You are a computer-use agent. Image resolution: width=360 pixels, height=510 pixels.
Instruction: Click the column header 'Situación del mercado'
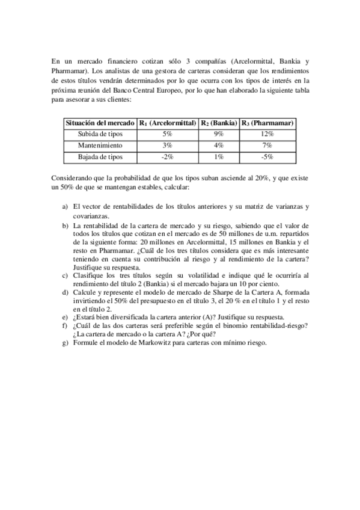[x=100, y=123]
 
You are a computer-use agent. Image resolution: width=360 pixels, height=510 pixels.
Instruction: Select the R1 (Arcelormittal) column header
[x=168, y=123]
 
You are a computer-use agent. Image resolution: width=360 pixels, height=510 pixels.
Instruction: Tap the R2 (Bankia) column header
[x=219, y=123]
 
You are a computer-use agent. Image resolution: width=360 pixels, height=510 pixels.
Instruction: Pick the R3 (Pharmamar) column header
[x=267, y=123]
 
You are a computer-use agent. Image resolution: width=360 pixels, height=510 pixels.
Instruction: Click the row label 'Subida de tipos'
[x=100, y=134]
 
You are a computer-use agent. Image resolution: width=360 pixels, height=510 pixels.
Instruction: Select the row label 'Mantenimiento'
[x=100, y=146]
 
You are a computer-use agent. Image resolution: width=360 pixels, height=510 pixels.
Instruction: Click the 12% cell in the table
[x=267, y=134]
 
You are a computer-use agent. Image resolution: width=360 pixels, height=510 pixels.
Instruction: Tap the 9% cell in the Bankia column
[x=219, y=134]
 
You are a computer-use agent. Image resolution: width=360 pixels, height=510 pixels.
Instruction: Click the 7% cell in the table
[x=267, y=146]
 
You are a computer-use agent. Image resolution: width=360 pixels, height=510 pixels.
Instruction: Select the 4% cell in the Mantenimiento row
[x=219, y=146]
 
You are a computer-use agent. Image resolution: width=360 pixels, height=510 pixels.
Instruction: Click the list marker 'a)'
[x=65, y=207]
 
